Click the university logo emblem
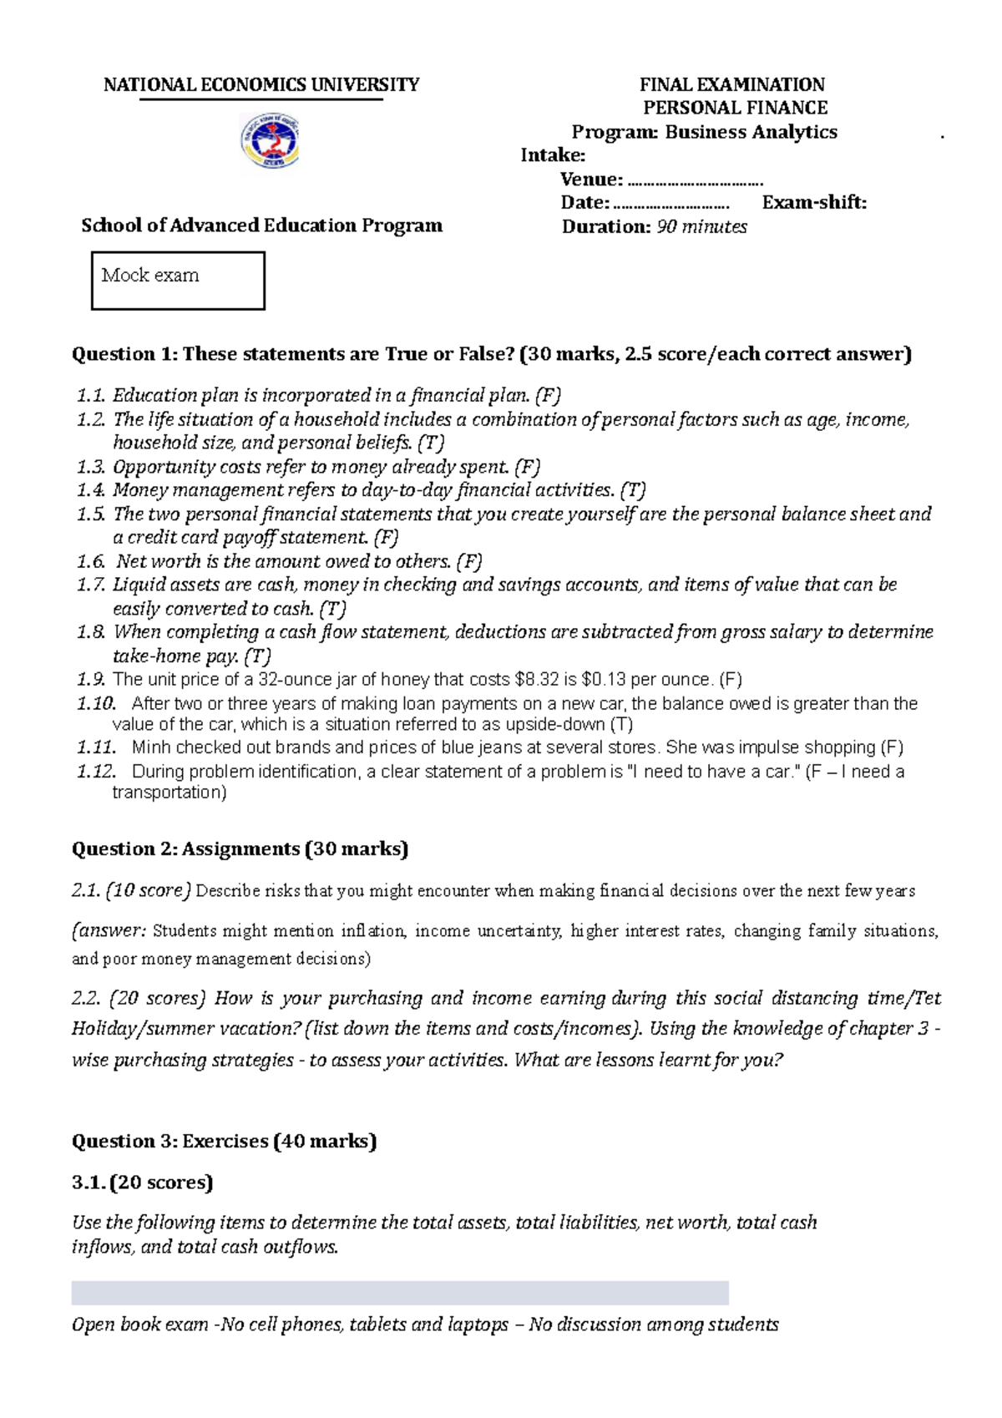(x=270, y=141)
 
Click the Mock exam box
(x=178, y=281)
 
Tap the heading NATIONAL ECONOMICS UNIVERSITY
(x=261, y=84)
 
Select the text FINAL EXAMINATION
(x=731, y=84)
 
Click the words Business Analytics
(x=751, y=132)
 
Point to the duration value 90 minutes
(x=701, y=226)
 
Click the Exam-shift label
(x=814, y=202)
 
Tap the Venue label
(x=591, y=179)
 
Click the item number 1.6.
(x=90, y=561)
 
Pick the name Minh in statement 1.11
(x=150, y=747)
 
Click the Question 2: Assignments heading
(x=240, y=848)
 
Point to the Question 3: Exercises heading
(x=224, y=1141)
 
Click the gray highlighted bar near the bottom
(x=400, y=1293)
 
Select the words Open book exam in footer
(x=139, y=1324)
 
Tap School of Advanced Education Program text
(x=261, y=225)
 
